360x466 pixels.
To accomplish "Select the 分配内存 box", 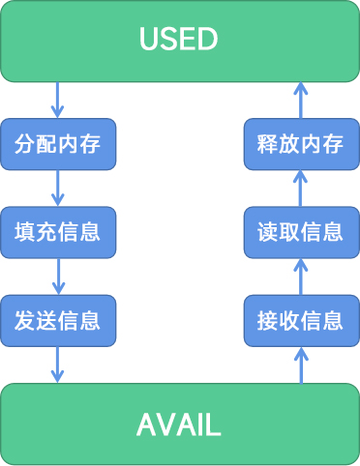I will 58,145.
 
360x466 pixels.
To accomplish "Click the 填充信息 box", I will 58,232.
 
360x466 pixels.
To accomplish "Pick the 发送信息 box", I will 58,319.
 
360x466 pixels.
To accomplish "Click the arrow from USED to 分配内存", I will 58,101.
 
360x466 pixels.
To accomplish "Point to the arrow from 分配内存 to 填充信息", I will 58,188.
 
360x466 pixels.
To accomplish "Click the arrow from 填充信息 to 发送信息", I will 58,276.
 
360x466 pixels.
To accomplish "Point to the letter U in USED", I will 148,40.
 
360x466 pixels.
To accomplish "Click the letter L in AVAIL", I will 216,423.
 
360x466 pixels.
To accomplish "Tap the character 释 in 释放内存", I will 267,145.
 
